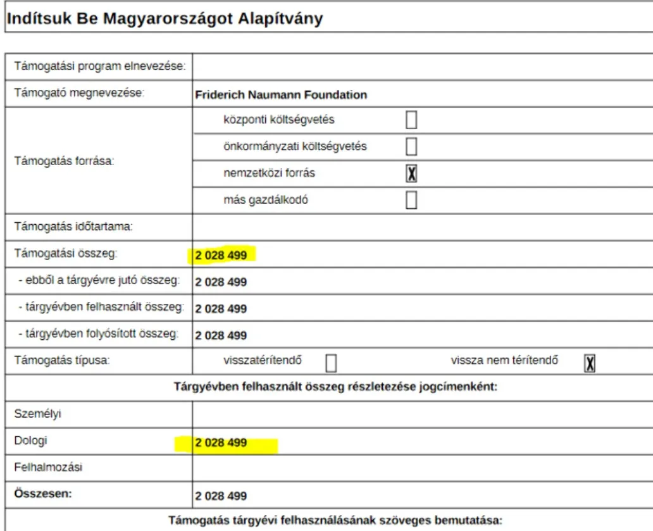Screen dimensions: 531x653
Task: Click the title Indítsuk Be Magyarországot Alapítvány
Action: click(165, 19)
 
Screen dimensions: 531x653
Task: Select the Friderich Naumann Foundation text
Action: click(281, 96)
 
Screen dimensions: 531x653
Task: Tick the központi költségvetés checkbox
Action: click(411, 120)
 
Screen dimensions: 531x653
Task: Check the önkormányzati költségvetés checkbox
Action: click(411, 146)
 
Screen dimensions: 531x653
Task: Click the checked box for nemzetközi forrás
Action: click(411, 173)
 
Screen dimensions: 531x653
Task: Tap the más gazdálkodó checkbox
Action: click(411, 201)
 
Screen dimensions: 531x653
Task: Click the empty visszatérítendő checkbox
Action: click(330, 363)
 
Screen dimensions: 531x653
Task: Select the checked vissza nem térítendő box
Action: click(590, 362)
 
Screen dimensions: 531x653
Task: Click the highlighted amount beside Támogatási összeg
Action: click(221, 255)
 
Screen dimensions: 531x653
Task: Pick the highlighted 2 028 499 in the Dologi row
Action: click(221, 443)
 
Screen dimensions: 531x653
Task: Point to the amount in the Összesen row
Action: click(221, 496)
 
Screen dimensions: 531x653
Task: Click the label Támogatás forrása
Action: click(64, 160)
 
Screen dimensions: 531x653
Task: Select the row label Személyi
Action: click(34, 414)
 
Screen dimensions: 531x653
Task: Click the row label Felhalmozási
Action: click(49, 468)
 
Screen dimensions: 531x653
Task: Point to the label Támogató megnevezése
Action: click(80, 94)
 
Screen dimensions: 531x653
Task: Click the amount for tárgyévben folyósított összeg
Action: click(221, 335)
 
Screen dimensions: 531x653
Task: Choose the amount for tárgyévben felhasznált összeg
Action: click(221, 309)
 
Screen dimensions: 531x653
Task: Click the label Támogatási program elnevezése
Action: click(99, 66)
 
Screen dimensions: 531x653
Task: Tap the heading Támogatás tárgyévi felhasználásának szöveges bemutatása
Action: click(335, 521)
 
